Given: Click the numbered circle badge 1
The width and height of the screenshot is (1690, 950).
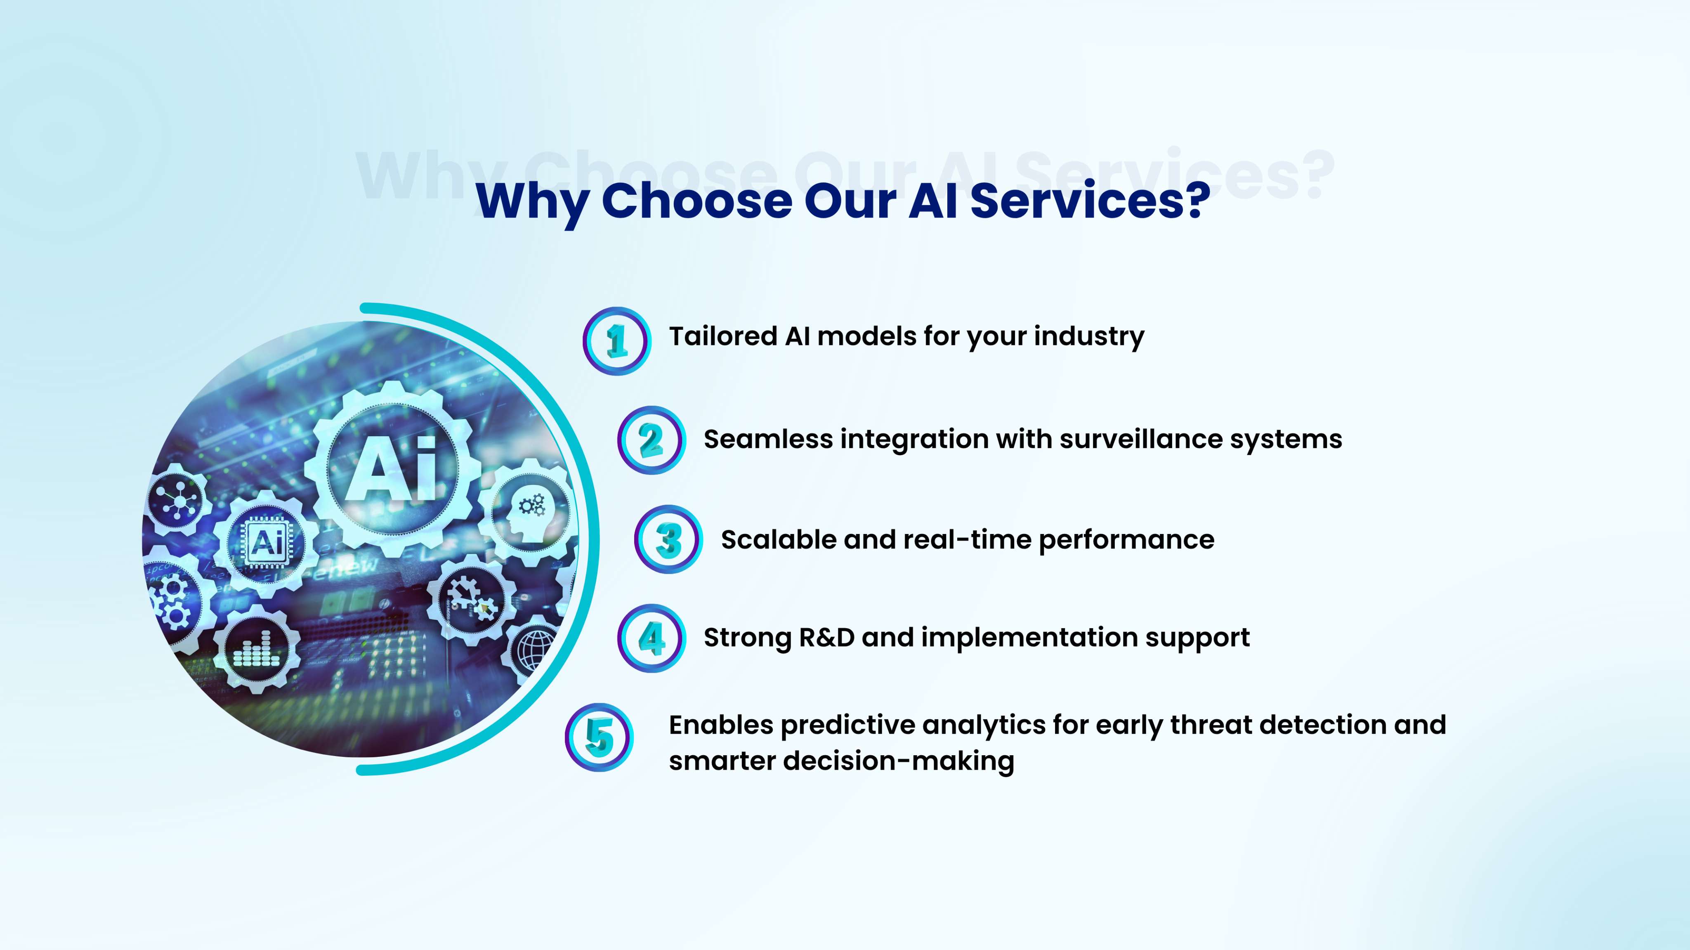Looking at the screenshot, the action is (617, 341).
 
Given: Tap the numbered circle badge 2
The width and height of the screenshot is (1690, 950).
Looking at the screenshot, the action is (651, 440).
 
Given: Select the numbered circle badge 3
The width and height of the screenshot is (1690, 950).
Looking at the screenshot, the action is (668, 540).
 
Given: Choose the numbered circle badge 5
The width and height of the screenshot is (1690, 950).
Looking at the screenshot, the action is (599, 737).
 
